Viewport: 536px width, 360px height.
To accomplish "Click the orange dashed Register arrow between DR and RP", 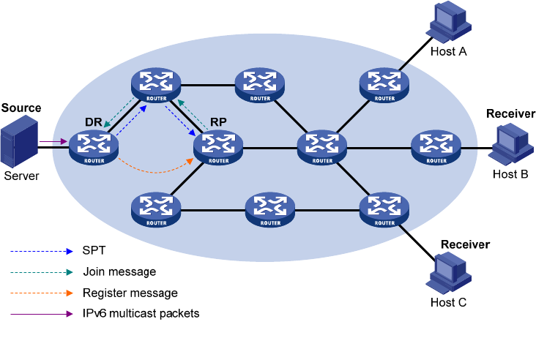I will click(x=161, y=170).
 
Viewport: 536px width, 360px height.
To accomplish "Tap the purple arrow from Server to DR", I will click(x=51, y=142).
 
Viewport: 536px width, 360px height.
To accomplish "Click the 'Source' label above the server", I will click(x=21, y=108).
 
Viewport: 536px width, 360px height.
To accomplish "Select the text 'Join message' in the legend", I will click(x=119, y=271).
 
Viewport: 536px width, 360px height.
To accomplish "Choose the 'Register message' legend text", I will click(x=130, y=293).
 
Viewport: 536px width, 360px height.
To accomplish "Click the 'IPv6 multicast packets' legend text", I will click(x=141, y=313).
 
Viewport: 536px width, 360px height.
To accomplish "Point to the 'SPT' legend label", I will click(x=94, y=251).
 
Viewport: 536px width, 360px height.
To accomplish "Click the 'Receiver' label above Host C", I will click(x=465, y=244).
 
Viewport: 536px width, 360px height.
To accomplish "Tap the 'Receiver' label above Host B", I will click(x=510, y=113).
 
